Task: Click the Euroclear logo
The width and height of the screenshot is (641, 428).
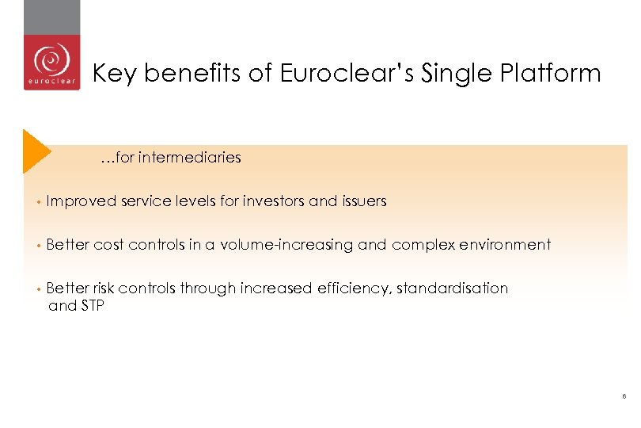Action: pyautogui.click(x=51, y=62)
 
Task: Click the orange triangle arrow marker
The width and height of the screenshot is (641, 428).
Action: pyautogui.click(x=35, y=150)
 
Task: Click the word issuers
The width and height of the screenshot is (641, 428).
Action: pyautogui.click(x=364, y=201)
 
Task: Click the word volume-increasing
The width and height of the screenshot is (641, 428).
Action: pyautogui.click(x=286, y=245)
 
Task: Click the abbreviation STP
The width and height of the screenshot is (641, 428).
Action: pyautogui.click(x=90, y=305)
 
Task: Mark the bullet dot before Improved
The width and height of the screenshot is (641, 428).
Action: pyautogui.click(x=37, y=202)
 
